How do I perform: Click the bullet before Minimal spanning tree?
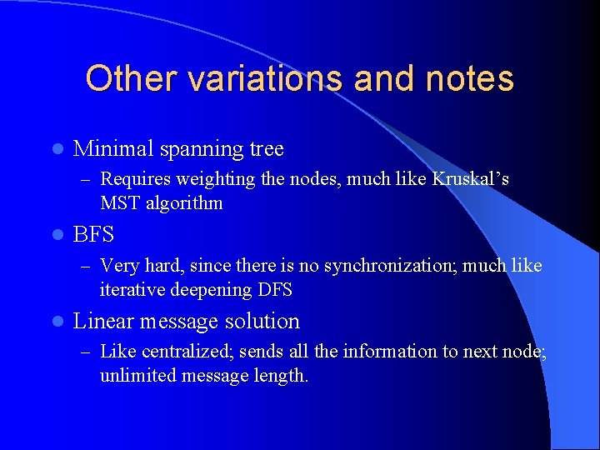pyautogui.click(x=56, y=150)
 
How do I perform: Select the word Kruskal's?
pyautogui.click(x=471, y=179)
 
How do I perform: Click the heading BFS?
pyautogui.click(x=93, y=235)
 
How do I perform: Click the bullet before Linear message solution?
pyautogui.click(x=56, y=322)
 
